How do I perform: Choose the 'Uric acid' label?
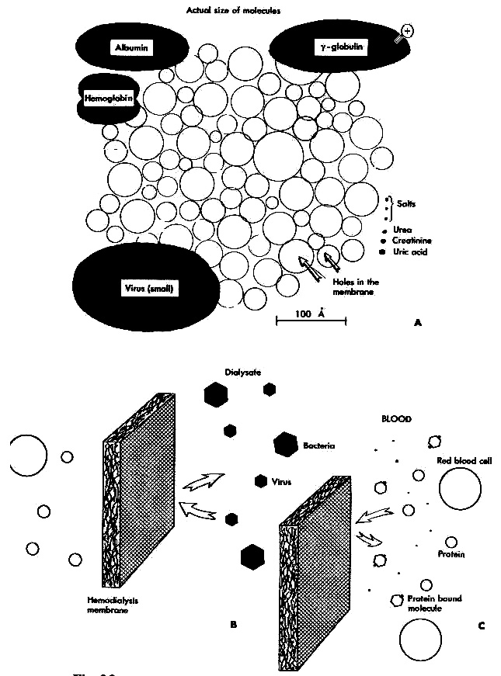[411, 251]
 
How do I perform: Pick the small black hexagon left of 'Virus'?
[260, 481]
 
